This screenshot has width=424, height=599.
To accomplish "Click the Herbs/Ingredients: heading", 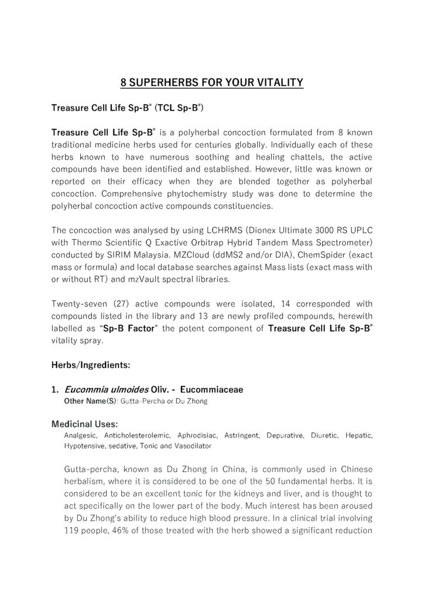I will (x=91, y=366).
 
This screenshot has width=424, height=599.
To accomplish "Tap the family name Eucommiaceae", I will (x=218, y=389).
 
